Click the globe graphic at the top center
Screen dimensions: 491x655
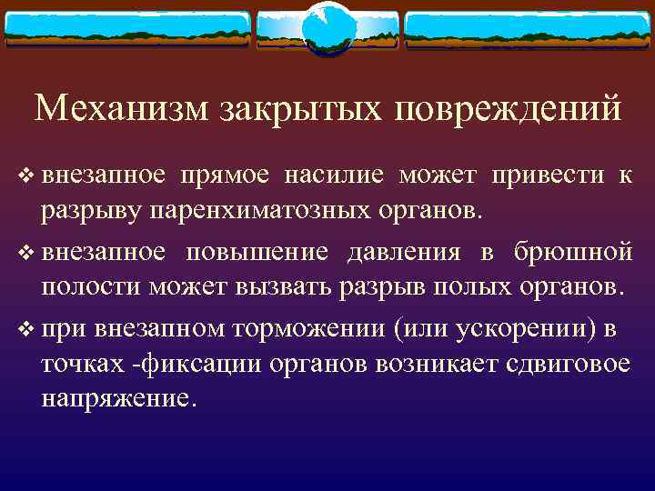tap(327, 28)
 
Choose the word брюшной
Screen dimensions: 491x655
tap(572, 252)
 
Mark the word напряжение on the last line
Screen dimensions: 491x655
tap(116, 398)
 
